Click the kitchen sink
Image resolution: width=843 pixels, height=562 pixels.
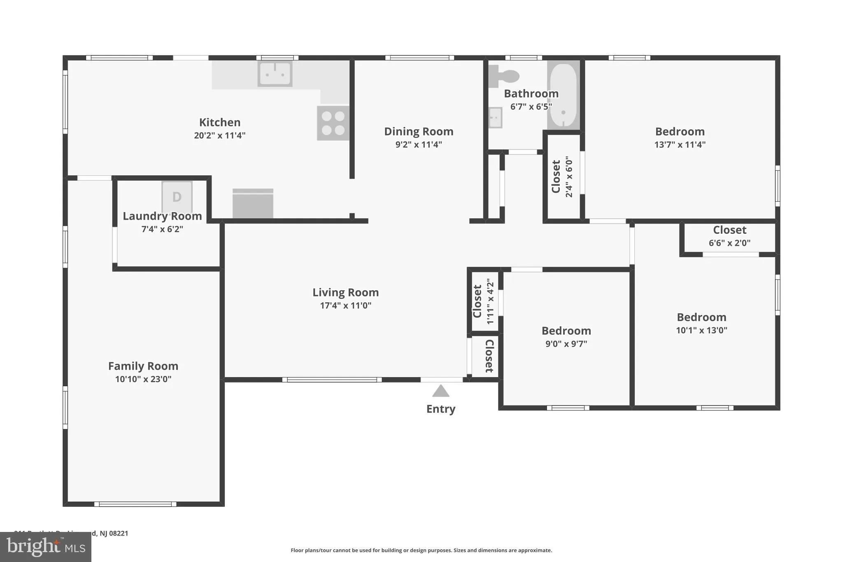pos(275,74)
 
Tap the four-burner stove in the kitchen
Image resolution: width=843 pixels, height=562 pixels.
pos(333,123)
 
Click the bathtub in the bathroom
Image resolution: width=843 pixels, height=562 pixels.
pos(563,95)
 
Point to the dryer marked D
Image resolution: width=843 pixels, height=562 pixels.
pos(177,197)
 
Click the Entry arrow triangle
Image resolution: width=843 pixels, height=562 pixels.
pos(440,391)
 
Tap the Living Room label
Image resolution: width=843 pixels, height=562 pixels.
pos(345,292)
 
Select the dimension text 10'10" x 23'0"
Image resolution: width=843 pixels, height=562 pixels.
pos(143,379)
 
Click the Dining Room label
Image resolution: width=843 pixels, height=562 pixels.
pos(419,131)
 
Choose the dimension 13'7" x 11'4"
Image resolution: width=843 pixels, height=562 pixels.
pos(680,145)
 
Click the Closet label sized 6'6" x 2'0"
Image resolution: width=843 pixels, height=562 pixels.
pos(729,230)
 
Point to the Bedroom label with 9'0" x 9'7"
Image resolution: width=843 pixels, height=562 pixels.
pos(566,331)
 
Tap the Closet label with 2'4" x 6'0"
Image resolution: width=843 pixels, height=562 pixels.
pos(556,176)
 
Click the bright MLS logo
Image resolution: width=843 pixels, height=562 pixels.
pos(46,547)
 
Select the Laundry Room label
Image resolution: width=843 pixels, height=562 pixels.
pos(162,216)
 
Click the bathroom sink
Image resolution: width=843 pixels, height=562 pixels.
pos(495,118)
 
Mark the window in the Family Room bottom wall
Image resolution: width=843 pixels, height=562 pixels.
pos(135,504)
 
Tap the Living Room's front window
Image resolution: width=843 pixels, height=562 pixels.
pos(332,380)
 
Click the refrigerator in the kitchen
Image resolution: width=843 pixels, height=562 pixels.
pos(253,204)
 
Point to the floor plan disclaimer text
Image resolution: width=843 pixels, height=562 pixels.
pos(421,550)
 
